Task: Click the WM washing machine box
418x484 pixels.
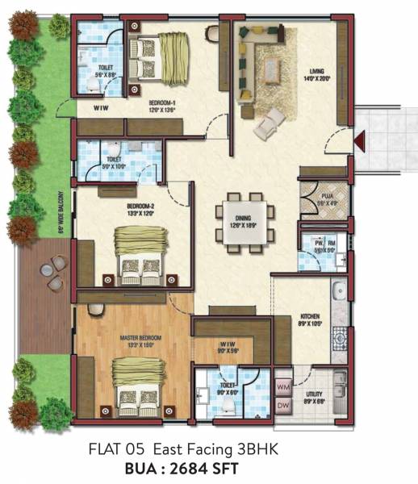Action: point(283,387)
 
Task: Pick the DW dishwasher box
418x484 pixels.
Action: point(283,405)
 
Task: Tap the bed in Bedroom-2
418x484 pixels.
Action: point(141,252)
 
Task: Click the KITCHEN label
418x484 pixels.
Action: point(310,316)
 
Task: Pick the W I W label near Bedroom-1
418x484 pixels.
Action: point(102,107)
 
